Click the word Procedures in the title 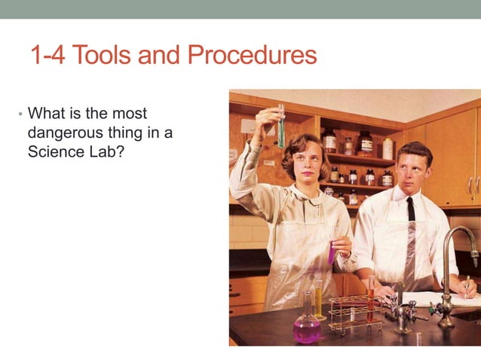pyautogui.click(x=253, y=55)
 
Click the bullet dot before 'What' pyautogui.click(x=20, y=114)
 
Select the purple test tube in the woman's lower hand pyautogui.click(x=332, y=254)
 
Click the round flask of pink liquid pyautogui.click(x=306, y=325)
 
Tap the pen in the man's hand pyautogui.click(x=466, y=287)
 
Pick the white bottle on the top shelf pyautogui.click(x=388, y=149)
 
